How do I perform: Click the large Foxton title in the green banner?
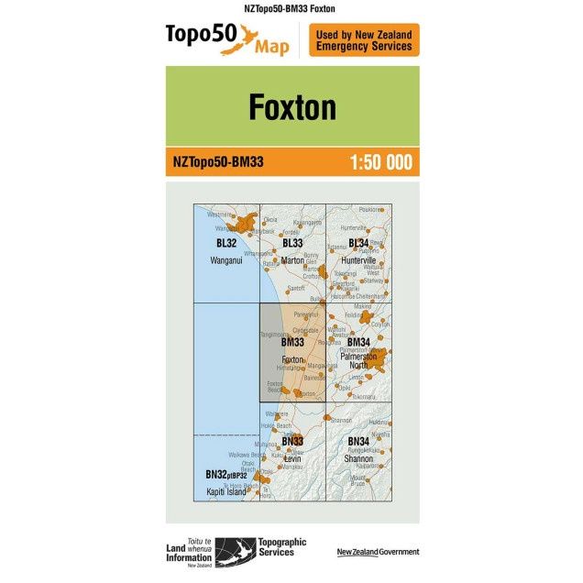click(291, 107)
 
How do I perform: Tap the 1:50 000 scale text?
click(380, 163)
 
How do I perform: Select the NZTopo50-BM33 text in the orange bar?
click(218, 163)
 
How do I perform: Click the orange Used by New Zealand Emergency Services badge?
click(364, 40)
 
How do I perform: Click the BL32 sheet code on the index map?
click(225, 243)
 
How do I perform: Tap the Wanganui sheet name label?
click(225, 260)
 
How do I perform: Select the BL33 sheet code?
click(292, 243)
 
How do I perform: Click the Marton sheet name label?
click(292, 260)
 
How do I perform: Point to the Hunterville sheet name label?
click(358, 260)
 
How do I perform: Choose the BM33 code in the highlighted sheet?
click(292, 342)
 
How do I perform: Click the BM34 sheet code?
click(358, 342)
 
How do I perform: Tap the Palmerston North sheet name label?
click(358, 360)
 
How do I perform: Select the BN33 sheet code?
click(292, 441)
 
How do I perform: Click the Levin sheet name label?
click(292, 457)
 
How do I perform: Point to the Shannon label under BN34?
click(358, 457)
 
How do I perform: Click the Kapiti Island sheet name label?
click(226, 491)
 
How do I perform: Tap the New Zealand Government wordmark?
click(378, 552)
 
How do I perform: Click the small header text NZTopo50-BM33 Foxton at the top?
click(291, 8)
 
